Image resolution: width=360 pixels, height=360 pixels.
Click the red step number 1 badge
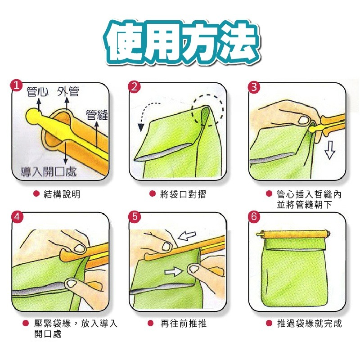[x=17, y=85]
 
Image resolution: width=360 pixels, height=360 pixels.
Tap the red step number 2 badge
[x=134, y=87]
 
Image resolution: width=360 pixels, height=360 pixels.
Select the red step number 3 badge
[x=254, y=87]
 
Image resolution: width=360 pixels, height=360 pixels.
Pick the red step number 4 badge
[x=17, y=217]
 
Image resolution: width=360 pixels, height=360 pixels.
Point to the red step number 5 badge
[x=135, y=217]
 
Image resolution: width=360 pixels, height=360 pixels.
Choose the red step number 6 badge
[x=254, y=217]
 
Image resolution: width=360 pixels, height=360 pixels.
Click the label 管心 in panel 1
[x=38, y=92]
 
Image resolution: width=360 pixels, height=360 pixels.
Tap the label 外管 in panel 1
[x=68, y=92]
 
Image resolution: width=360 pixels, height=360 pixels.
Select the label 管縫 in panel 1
[x=97, y=115]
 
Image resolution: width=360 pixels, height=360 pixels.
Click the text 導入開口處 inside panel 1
[x=49, y=172]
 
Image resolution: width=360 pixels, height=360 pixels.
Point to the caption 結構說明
[x=62, y=194]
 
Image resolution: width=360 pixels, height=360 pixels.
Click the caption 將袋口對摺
[x=183, y=194]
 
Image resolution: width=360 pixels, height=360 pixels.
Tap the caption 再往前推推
[x=184, y=324]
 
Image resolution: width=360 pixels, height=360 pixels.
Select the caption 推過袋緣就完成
[x=310, y=324]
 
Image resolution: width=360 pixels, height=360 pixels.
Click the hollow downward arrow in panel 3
[x=330, y=150]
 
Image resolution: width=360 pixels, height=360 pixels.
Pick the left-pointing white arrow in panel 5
[x=187, y=235]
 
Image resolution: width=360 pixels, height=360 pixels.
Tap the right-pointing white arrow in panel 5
[x=174, y=272]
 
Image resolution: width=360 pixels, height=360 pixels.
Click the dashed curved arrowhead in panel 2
[x=141, y=127]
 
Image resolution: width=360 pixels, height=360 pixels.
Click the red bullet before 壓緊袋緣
[x=26, y=323]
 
